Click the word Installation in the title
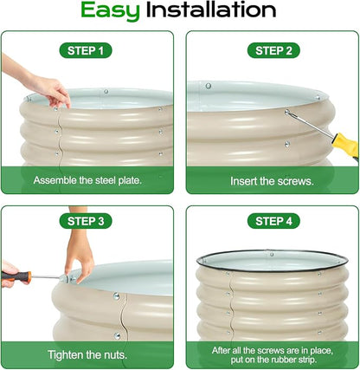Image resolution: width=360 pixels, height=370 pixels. tap(211, 10)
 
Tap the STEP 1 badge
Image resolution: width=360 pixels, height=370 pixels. tap(86, 50)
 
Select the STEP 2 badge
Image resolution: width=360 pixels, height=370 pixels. tap(273, 50)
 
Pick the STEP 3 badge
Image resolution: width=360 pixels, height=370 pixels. tap(86, 221)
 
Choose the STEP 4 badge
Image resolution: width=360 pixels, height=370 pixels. tap(273, 221)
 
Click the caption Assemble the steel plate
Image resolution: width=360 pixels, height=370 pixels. tap(87, 180)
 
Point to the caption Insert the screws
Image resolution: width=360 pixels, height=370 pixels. tap(272, 181)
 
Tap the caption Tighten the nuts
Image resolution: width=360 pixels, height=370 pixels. tap(87, 354)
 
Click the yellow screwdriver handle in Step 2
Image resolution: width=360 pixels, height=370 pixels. tap(346, 145)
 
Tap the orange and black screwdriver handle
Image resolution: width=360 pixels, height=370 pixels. tap(16, 277)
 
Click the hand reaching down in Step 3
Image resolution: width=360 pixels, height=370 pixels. tap(79, 254)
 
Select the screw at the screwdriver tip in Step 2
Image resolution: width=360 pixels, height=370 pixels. tap(287, 113)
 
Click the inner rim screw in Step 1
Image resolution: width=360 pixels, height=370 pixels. tap(106, 92)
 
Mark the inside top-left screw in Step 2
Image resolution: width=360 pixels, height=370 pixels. tap(209, 86)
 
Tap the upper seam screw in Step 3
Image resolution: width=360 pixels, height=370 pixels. tap(117, 295)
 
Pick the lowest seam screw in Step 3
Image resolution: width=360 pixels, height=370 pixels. tap(117, 336)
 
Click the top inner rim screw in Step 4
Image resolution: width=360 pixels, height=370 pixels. tap(272, 255)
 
